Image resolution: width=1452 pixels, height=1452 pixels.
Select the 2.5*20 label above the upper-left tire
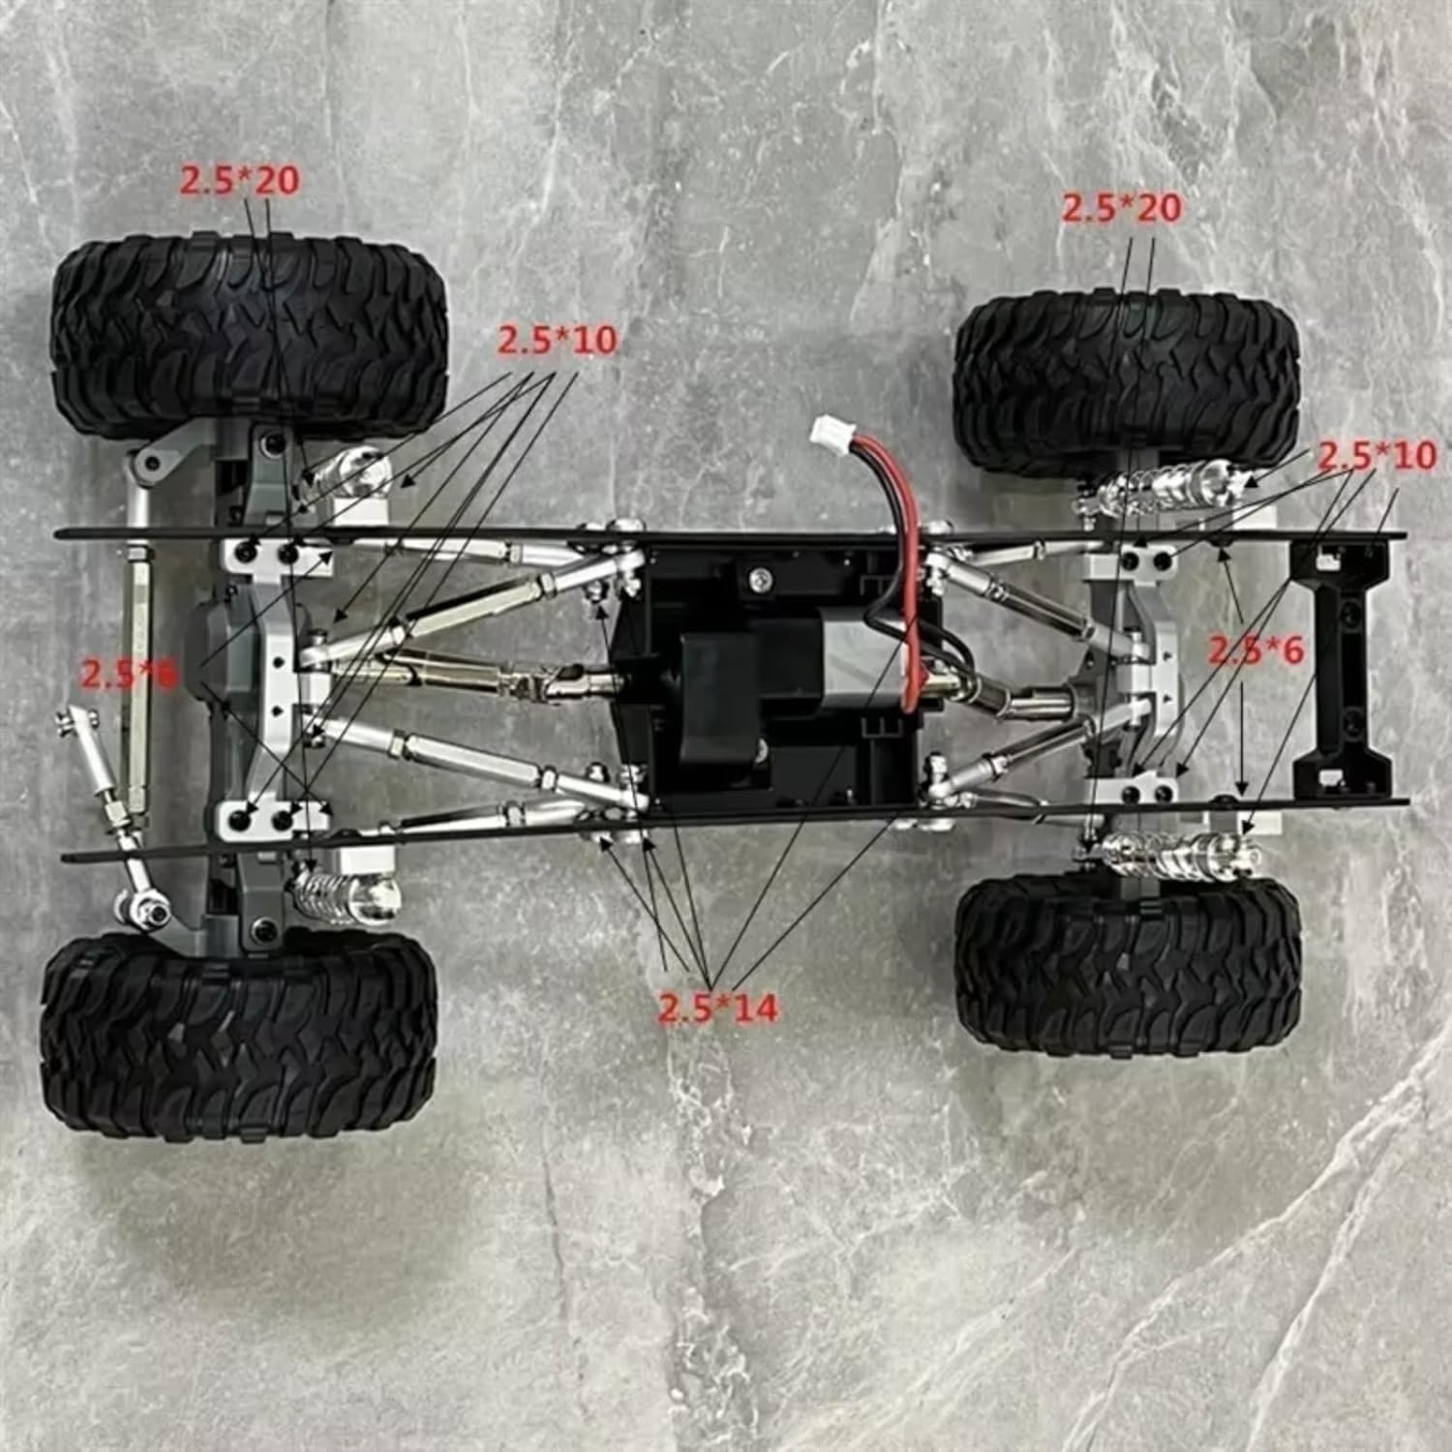[239, 181]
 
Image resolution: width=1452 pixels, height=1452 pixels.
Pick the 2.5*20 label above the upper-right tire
[1122, 208]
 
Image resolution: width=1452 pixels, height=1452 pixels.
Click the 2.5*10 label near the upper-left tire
[557, 340]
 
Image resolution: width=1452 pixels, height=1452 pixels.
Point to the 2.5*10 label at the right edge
[1376, 456]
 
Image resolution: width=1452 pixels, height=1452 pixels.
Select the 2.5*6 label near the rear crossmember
[1255, 651]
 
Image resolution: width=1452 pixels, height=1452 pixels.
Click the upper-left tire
[249, 332]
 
